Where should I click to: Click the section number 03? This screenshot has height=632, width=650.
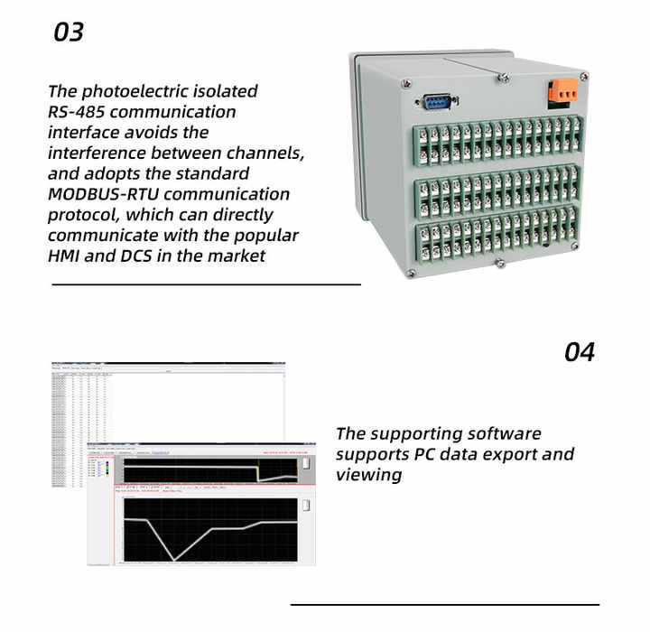69,32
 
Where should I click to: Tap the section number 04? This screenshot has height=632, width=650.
580,351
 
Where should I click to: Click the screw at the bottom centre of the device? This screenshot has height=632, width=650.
499,263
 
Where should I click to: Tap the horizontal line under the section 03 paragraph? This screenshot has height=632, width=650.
206,283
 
